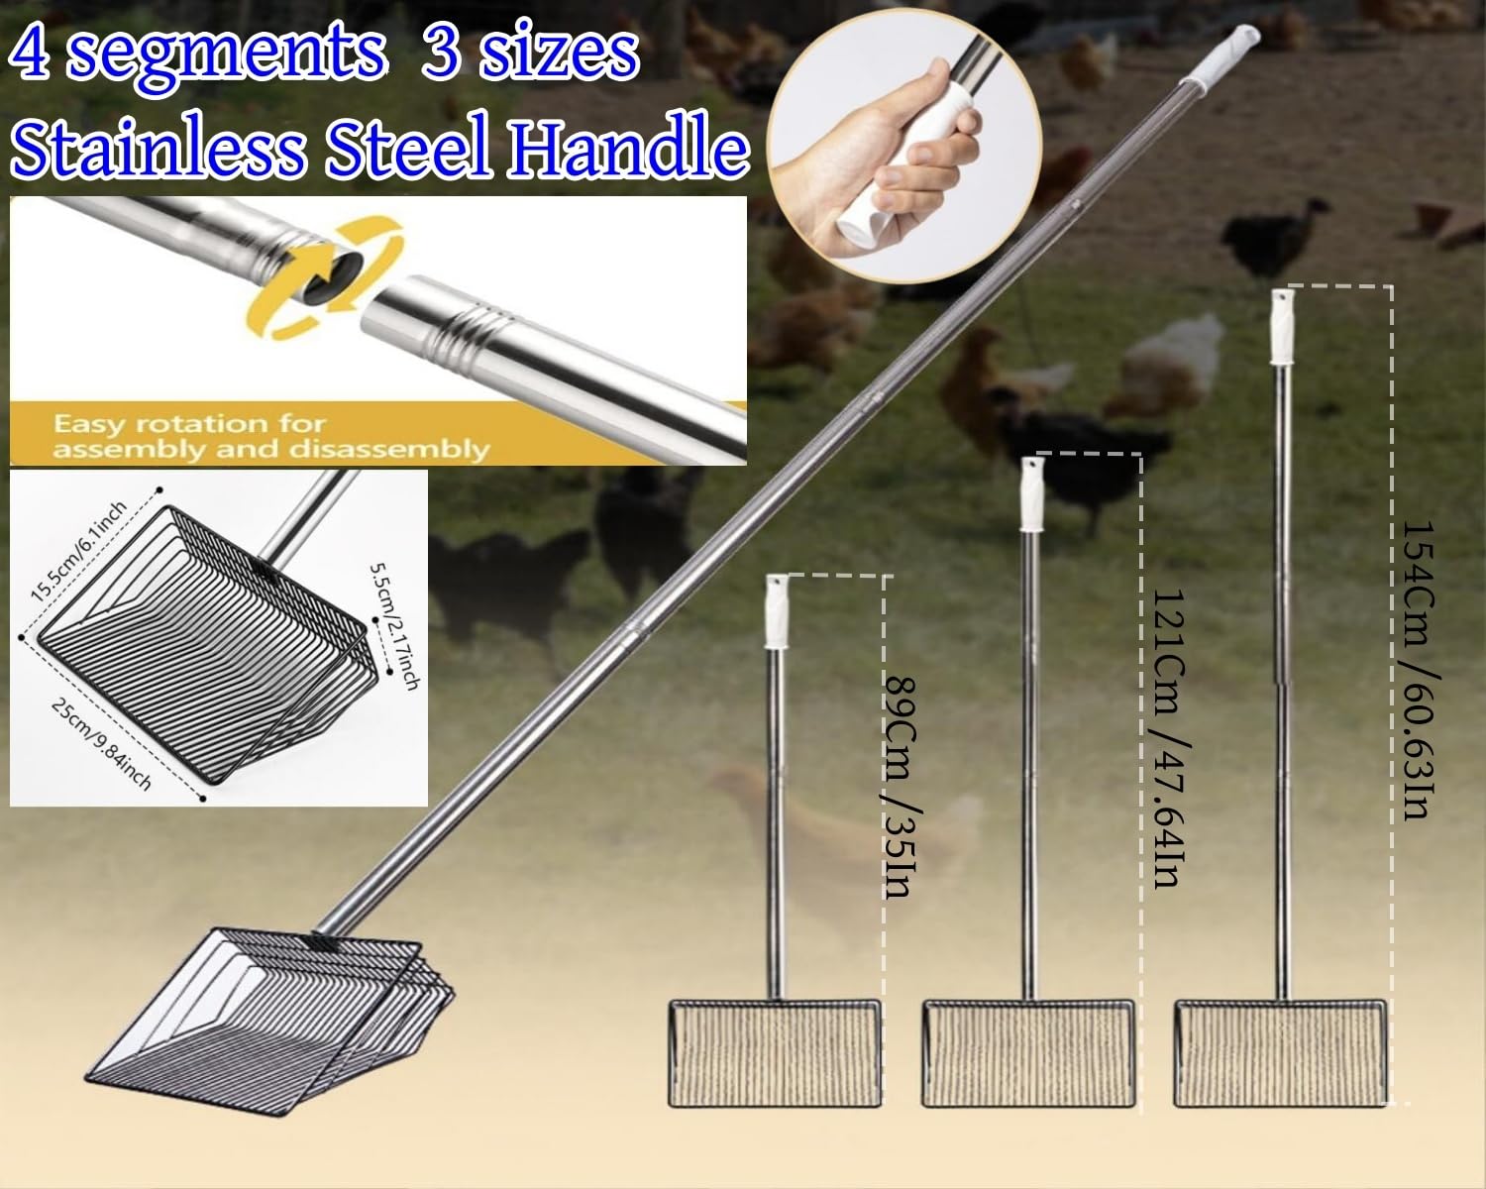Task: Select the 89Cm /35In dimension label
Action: pyautogui.click(x=897, y=787)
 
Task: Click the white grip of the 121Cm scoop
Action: pyautogui.click(x=1031, y=493)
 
